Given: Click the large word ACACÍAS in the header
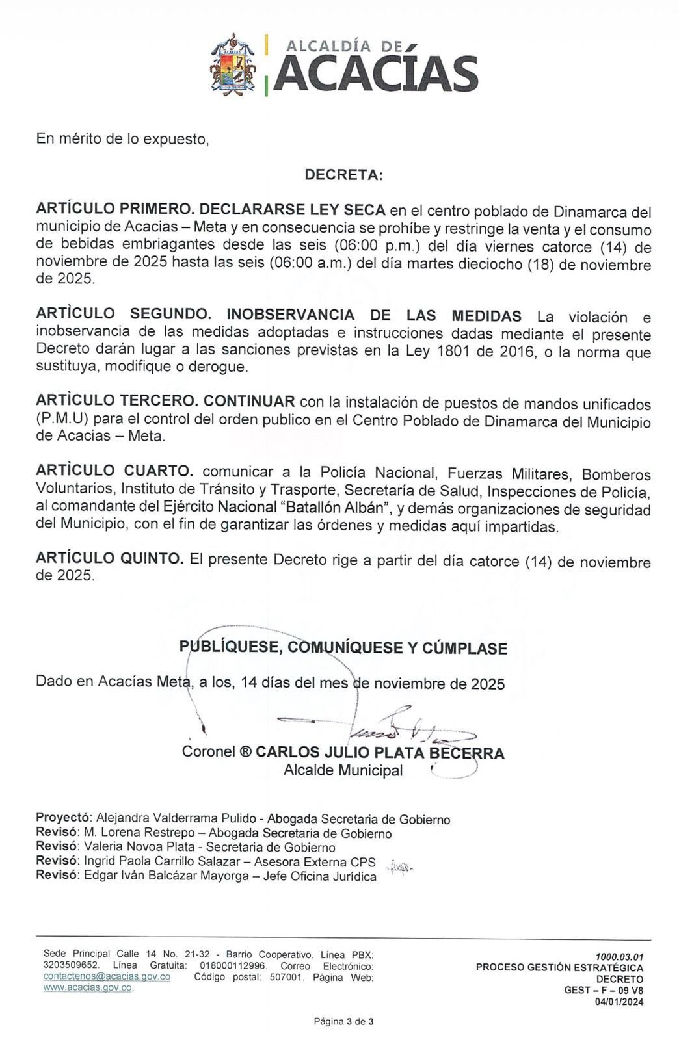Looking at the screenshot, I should point(376,73).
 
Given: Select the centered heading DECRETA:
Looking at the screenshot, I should point(344,175).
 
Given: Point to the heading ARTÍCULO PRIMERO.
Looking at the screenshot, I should point(114,210).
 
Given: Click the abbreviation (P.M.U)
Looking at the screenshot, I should point(62,419).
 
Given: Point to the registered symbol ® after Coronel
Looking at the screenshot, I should point(245,753).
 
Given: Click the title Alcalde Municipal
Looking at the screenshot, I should point(343,770).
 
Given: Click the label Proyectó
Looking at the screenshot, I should point(64,818).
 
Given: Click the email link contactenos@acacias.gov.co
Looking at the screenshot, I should point(107,977).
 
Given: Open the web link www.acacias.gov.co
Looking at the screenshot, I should point(88,987).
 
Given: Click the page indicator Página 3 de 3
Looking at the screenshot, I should point(344,1021).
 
